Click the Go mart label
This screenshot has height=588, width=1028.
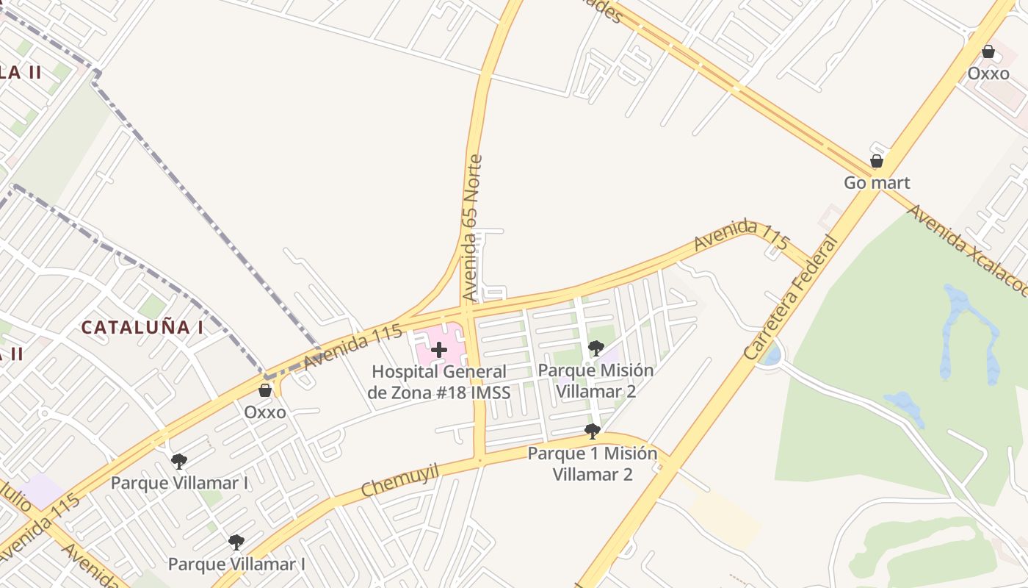click(x=877, y=183)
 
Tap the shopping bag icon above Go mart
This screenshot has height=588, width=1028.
click(x=876, y=161)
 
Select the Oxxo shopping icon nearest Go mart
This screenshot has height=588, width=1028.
click(x=988, y=52)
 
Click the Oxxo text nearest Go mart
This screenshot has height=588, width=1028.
click(x=988, y=73)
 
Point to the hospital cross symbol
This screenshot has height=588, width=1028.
click(x=439, y=350)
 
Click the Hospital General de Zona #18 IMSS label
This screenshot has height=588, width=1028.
click(x=439, y=381)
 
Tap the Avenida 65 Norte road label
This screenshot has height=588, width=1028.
click(x=472, y=228)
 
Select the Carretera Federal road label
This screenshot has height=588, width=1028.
click(x=791, y=298)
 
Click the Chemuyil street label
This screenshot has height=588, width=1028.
click(x=400, y=480)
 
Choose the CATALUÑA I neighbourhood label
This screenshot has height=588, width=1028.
click(x=142, y=328)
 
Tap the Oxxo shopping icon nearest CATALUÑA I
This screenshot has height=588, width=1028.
click(x=265, y=390)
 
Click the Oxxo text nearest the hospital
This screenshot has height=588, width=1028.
click(x=265, y=412)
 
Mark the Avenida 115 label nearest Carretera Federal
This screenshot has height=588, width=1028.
click(x=742, y=234)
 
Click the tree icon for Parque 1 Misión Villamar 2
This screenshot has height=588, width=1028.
click(x=593, y=431)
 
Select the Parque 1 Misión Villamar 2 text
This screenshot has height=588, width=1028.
click(x=593, y=463)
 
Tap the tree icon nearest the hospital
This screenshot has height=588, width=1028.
click(x=596, y=348)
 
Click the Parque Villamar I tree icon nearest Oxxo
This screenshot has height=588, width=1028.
click(x=178, y=462)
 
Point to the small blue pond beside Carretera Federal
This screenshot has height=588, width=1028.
click(x=771, y=356)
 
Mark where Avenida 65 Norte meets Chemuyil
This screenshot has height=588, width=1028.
click(x=479, y=461)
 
